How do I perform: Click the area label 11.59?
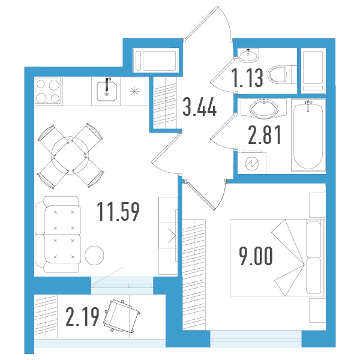(118, 212)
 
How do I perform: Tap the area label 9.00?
(256, 256)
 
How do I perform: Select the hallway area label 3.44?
(200, 107)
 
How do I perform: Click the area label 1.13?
(247, 78)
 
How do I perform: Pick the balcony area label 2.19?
(82, 317)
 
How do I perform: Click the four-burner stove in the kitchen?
(48, 91)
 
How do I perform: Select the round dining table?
(70, 155)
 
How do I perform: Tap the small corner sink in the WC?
(248, 55)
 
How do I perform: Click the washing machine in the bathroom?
(252, 163)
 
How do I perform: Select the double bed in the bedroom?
(278, 257)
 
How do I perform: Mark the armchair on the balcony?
(121, 316)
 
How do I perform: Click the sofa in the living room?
(58, 235)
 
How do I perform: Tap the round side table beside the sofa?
(94, 256)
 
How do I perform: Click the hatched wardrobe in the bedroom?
(194, 275)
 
